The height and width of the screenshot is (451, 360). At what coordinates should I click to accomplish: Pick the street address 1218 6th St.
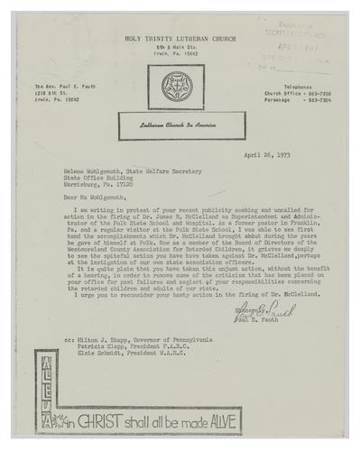(x=54, y=93)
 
